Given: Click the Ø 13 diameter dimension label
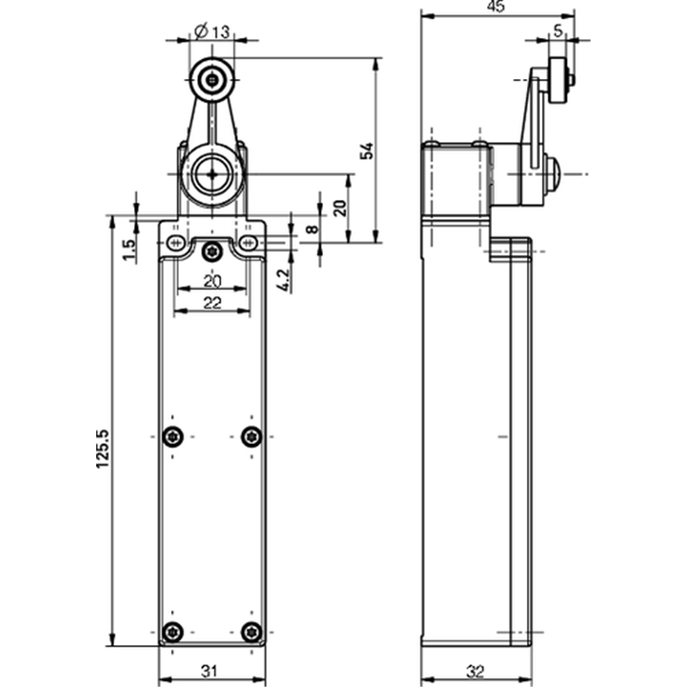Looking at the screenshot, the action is (212, 32).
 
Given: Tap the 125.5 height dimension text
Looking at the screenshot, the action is (102, 448).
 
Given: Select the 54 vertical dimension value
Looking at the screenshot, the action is (367, 151).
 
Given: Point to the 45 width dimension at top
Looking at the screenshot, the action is (496, 6).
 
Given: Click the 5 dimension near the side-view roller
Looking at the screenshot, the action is (557, 31).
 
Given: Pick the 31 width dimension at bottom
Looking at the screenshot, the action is (210, 671).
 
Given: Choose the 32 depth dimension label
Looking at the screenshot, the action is (475, 672).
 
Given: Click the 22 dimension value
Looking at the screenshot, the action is (212, 303).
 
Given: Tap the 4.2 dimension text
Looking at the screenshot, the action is (283, 280).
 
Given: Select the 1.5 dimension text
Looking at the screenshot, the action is (129, 250).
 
